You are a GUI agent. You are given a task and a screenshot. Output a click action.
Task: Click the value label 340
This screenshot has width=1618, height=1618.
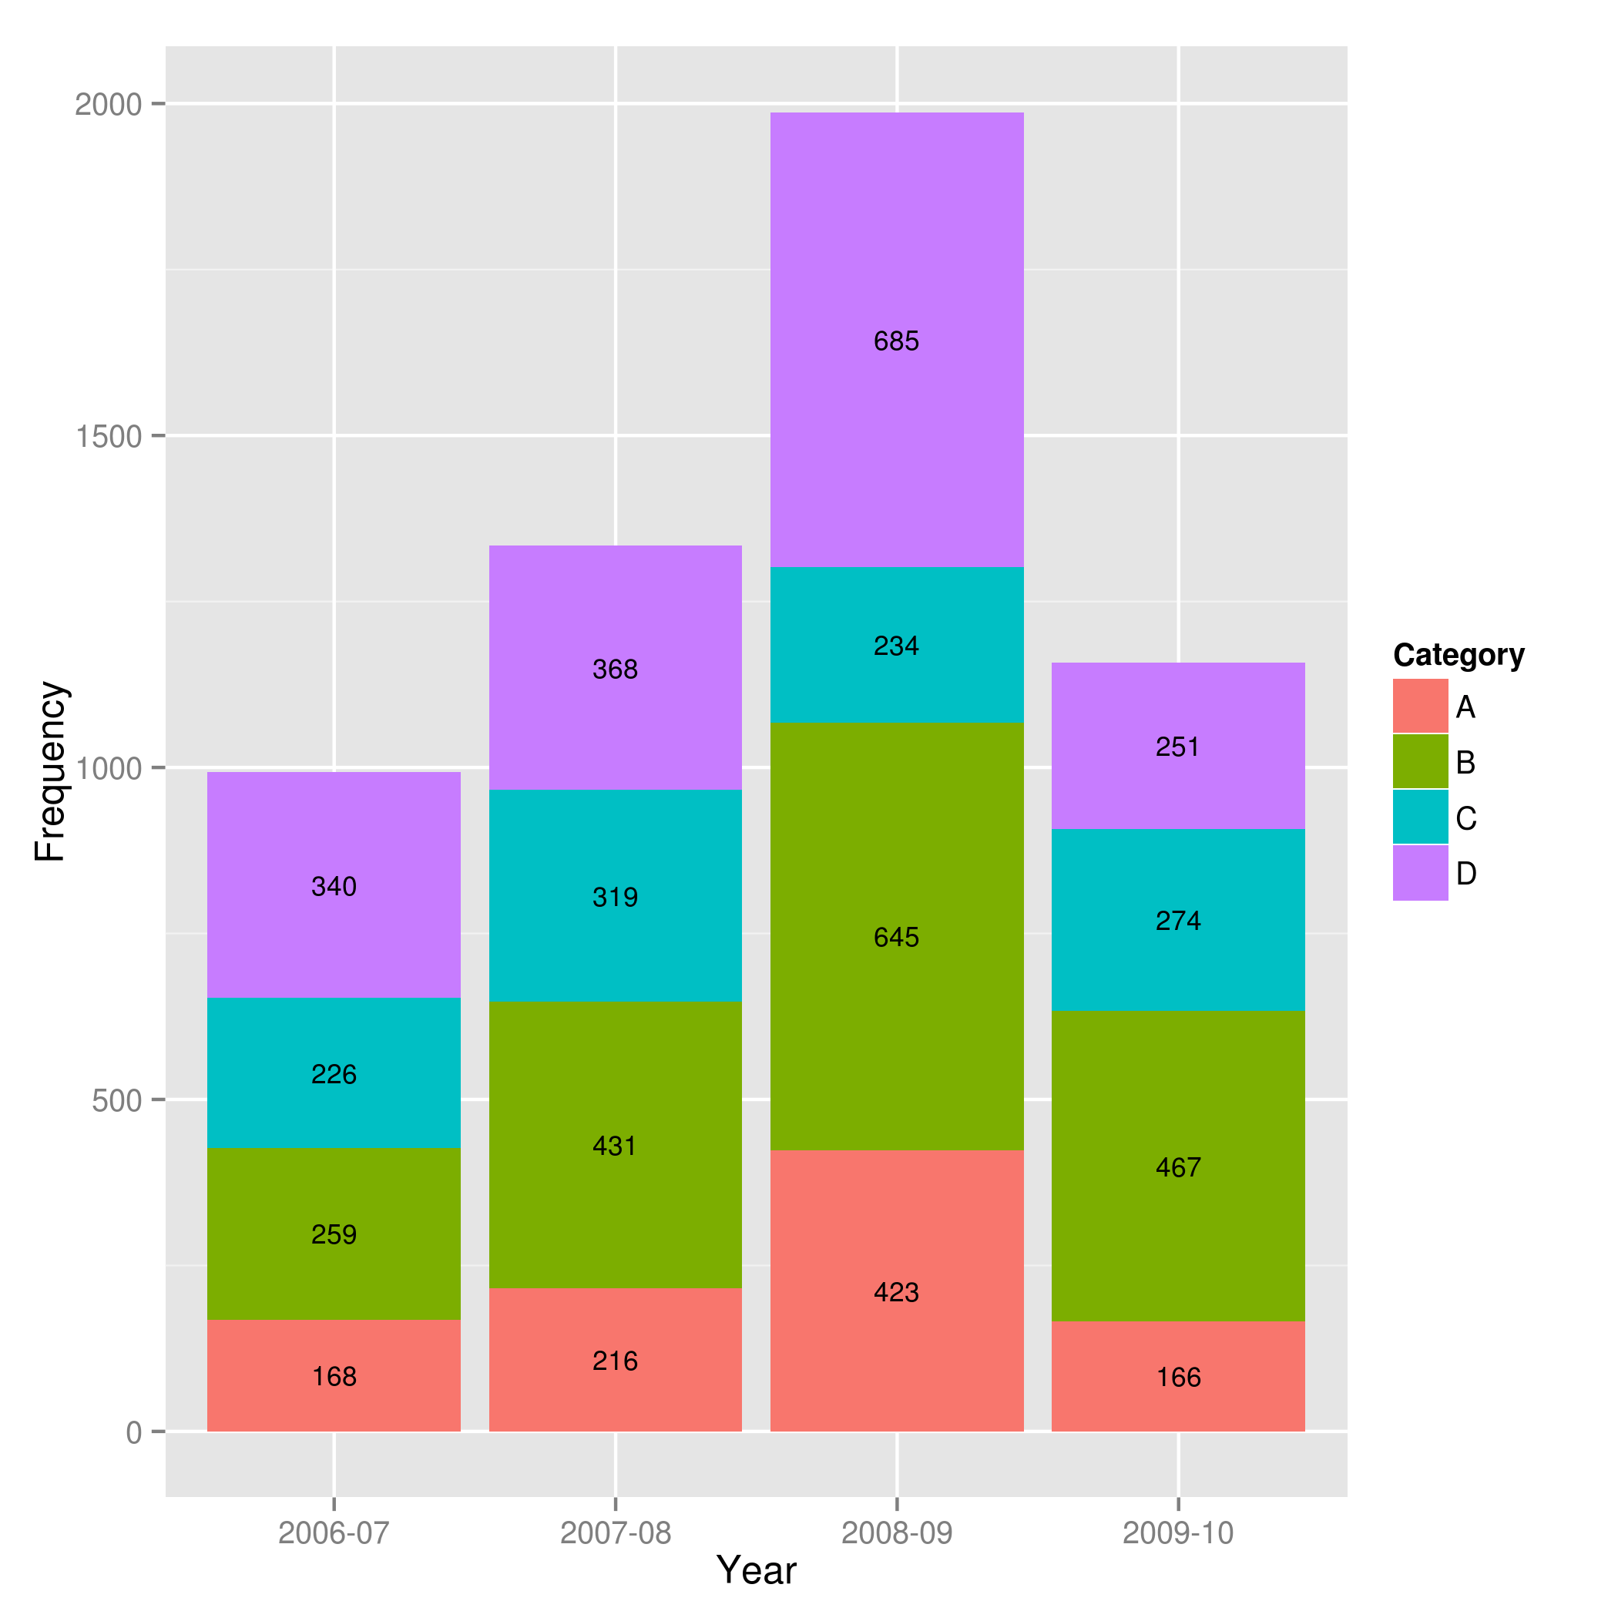point(334,887)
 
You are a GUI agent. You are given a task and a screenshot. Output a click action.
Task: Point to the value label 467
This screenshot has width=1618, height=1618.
point(1178,1167)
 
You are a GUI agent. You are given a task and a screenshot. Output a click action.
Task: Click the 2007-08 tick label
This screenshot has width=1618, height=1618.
point(616,1533)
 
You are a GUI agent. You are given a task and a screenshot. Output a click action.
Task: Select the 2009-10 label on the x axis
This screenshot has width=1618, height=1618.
point(1178,1533)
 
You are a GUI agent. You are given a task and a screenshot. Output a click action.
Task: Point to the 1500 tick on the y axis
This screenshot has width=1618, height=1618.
point(109,436)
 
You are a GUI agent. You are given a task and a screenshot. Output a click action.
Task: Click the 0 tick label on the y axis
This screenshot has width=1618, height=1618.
point(134,1433)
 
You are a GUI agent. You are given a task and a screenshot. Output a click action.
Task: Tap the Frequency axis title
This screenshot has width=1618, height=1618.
point(50,771)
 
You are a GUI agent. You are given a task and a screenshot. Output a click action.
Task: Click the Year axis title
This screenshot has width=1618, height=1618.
point(757,1571)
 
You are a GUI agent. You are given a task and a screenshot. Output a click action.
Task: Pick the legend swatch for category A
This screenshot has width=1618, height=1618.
point(1420,706)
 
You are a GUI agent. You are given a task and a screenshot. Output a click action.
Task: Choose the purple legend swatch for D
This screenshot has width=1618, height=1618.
point(1420,874)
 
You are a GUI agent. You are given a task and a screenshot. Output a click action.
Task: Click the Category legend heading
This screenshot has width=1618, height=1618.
point(1459,655)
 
